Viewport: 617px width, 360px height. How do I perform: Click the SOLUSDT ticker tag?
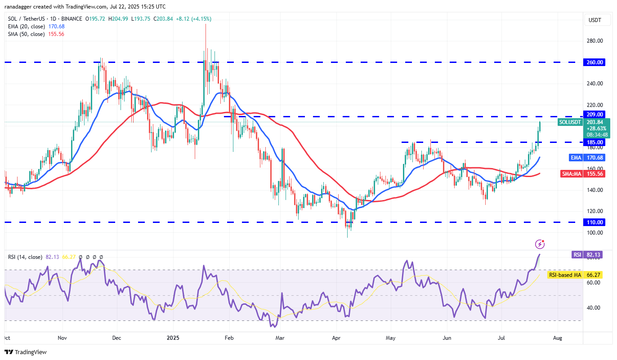tap(571, 122)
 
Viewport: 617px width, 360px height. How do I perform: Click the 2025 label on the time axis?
tap(173, 337)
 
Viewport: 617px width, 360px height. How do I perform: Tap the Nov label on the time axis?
tap(63, 337)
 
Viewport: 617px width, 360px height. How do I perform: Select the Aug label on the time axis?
tap(557, 337)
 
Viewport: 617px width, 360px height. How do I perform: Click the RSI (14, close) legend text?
tap(25, 257)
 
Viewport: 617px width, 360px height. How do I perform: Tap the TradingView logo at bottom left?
tap(26, 352)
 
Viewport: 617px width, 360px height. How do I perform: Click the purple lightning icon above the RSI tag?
tap(540, 244)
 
